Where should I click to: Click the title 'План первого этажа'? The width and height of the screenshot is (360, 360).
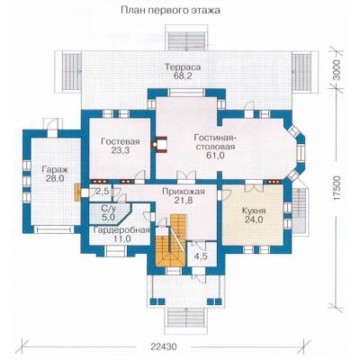pyautogui.click(x=170, y=11)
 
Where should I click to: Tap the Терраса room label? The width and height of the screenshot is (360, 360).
pyautogui.click(x=183, y=67)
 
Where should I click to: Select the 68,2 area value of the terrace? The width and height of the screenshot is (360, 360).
pyautogui.click(x=183, y=76)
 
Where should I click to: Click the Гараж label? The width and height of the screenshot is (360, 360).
pyautogui.click(x=55, y=169)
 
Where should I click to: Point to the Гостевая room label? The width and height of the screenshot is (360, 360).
pyautogui.click(x=121, y=141)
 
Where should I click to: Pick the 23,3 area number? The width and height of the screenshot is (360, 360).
pyautogui.click(x=121, y=150)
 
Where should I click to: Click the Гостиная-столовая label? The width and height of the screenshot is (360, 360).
pyautogui.click(x=215, y=142)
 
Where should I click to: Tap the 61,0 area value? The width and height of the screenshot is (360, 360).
pyautogui.click(x=215, y=155)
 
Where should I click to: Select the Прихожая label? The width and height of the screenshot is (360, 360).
pyautogui.click(x=184, y=191)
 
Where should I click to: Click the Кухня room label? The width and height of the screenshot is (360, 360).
pyautogui.click(x=254, y=211)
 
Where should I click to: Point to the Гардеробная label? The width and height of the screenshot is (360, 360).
pyautogui.click(x=121, y=230)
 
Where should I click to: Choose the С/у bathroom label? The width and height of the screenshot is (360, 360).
pyautogui.click(x=108, y=207)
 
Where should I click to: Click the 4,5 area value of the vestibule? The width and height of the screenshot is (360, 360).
pyautogui.click(x=201, y=256)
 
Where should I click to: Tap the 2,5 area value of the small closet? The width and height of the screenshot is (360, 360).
pyautogui.click(x=103, y=192)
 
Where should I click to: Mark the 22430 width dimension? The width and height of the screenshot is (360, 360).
pyautogui.click(x=164, y=346)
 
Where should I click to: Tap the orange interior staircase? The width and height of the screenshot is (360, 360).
pyautogui.click(x=170, y=240)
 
